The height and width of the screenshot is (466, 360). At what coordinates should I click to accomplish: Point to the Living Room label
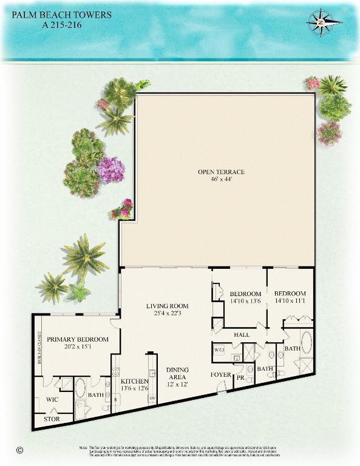pos(168,306)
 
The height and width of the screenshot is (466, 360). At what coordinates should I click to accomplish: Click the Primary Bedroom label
pos(78,339)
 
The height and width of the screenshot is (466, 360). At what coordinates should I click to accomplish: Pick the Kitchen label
pos(134,381)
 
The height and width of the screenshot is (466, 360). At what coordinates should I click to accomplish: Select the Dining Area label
pos(177,373)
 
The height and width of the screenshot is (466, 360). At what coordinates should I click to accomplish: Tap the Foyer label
pos(220,374)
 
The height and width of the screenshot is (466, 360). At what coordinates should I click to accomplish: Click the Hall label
pos(242,334)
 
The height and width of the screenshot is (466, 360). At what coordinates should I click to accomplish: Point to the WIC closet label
pos(52,400)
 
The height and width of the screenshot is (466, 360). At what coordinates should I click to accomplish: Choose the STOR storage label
pos(52,419)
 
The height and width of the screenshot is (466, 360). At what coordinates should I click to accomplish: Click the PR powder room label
pos(240,378)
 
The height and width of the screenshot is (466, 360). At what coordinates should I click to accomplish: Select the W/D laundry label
pos(219,350)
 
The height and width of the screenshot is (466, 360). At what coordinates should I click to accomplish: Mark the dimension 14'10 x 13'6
pos(245,300)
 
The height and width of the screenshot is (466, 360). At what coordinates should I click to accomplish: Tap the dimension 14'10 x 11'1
pos(290,300)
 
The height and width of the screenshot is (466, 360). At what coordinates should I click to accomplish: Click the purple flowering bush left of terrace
pos(111,169)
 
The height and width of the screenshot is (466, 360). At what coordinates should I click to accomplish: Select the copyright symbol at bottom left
pos(20,450)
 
